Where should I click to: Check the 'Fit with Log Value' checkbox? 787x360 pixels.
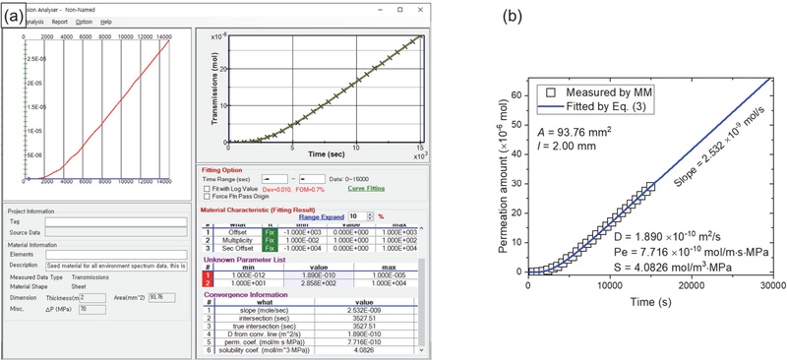coord(205,187)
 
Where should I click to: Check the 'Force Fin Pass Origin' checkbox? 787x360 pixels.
coord(205,197)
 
